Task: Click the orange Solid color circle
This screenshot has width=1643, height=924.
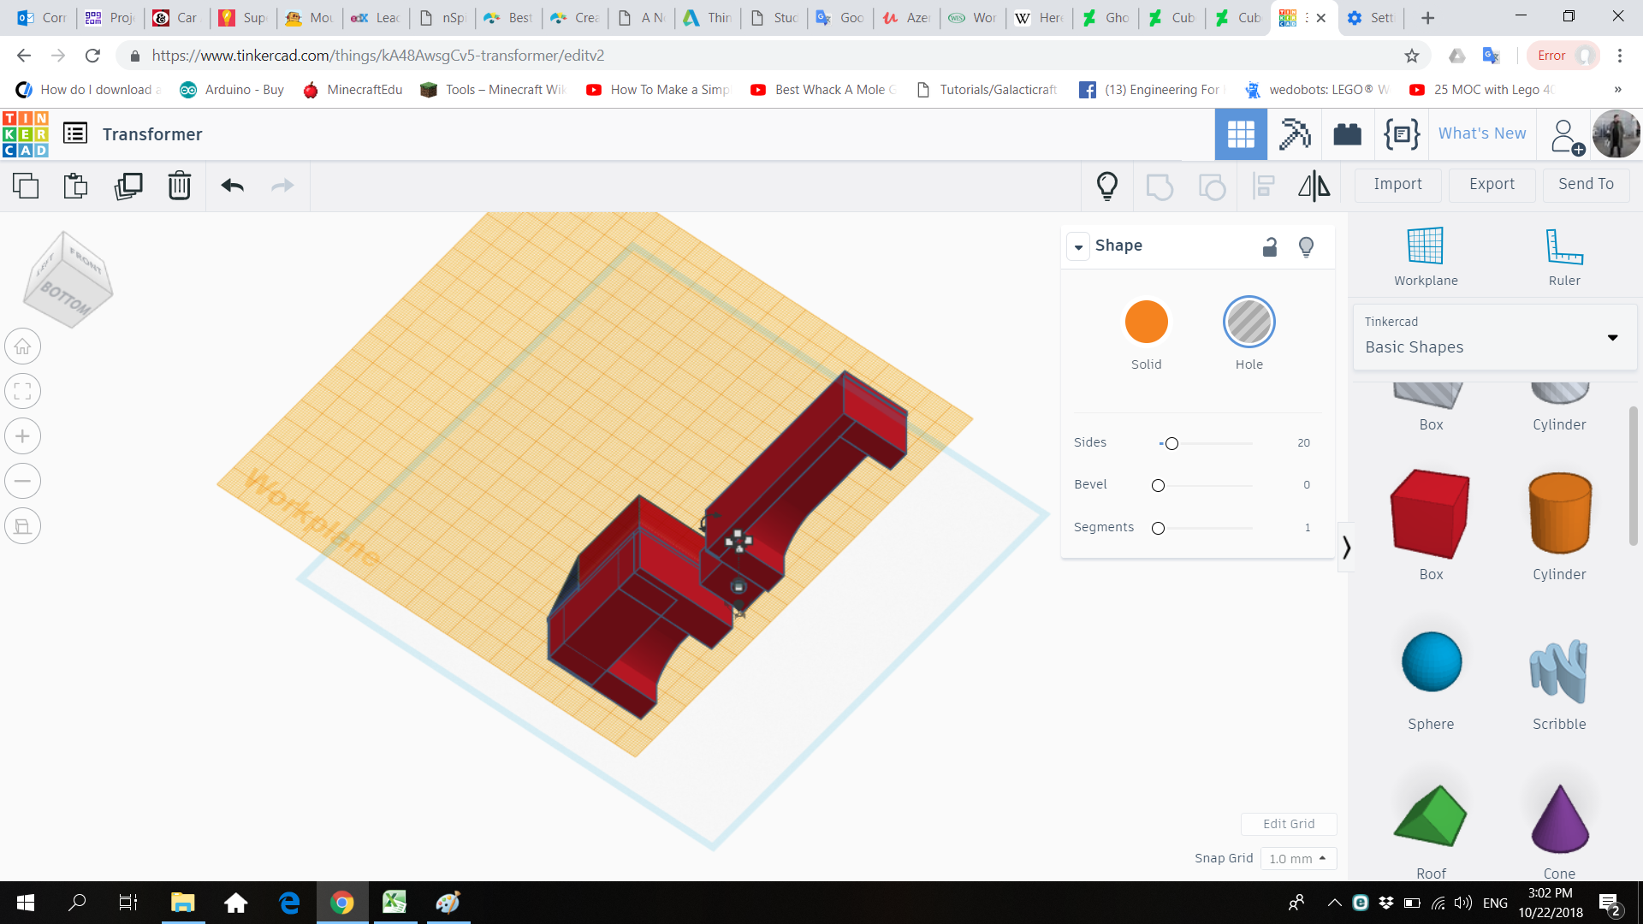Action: pos(1146,322)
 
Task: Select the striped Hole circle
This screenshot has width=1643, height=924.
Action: pos(1249,322)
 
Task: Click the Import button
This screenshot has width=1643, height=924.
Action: pos(1397,184)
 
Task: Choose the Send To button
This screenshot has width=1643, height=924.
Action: pos(1586,184)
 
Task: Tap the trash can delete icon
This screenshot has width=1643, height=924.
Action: pos(179,186)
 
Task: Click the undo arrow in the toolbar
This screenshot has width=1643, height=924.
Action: pos(232,186)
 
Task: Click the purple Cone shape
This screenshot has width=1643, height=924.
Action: pos(1559,819)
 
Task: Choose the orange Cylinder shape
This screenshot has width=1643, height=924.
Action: pos(1559,513)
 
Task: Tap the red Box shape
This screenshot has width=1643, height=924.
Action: pos(1431,513)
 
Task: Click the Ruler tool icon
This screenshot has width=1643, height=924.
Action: pos(1564,247)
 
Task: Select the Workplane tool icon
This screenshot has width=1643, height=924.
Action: pos(1426,247)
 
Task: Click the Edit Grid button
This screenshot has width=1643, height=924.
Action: pos(1289,824)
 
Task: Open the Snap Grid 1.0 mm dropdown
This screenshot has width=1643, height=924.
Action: pos(1298,858)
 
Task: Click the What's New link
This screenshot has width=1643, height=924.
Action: pos(1482,133)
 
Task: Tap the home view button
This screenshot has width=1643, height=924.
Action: pos(23,346)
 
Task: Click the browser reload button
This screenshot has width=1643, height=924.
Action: pos(92,56)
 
